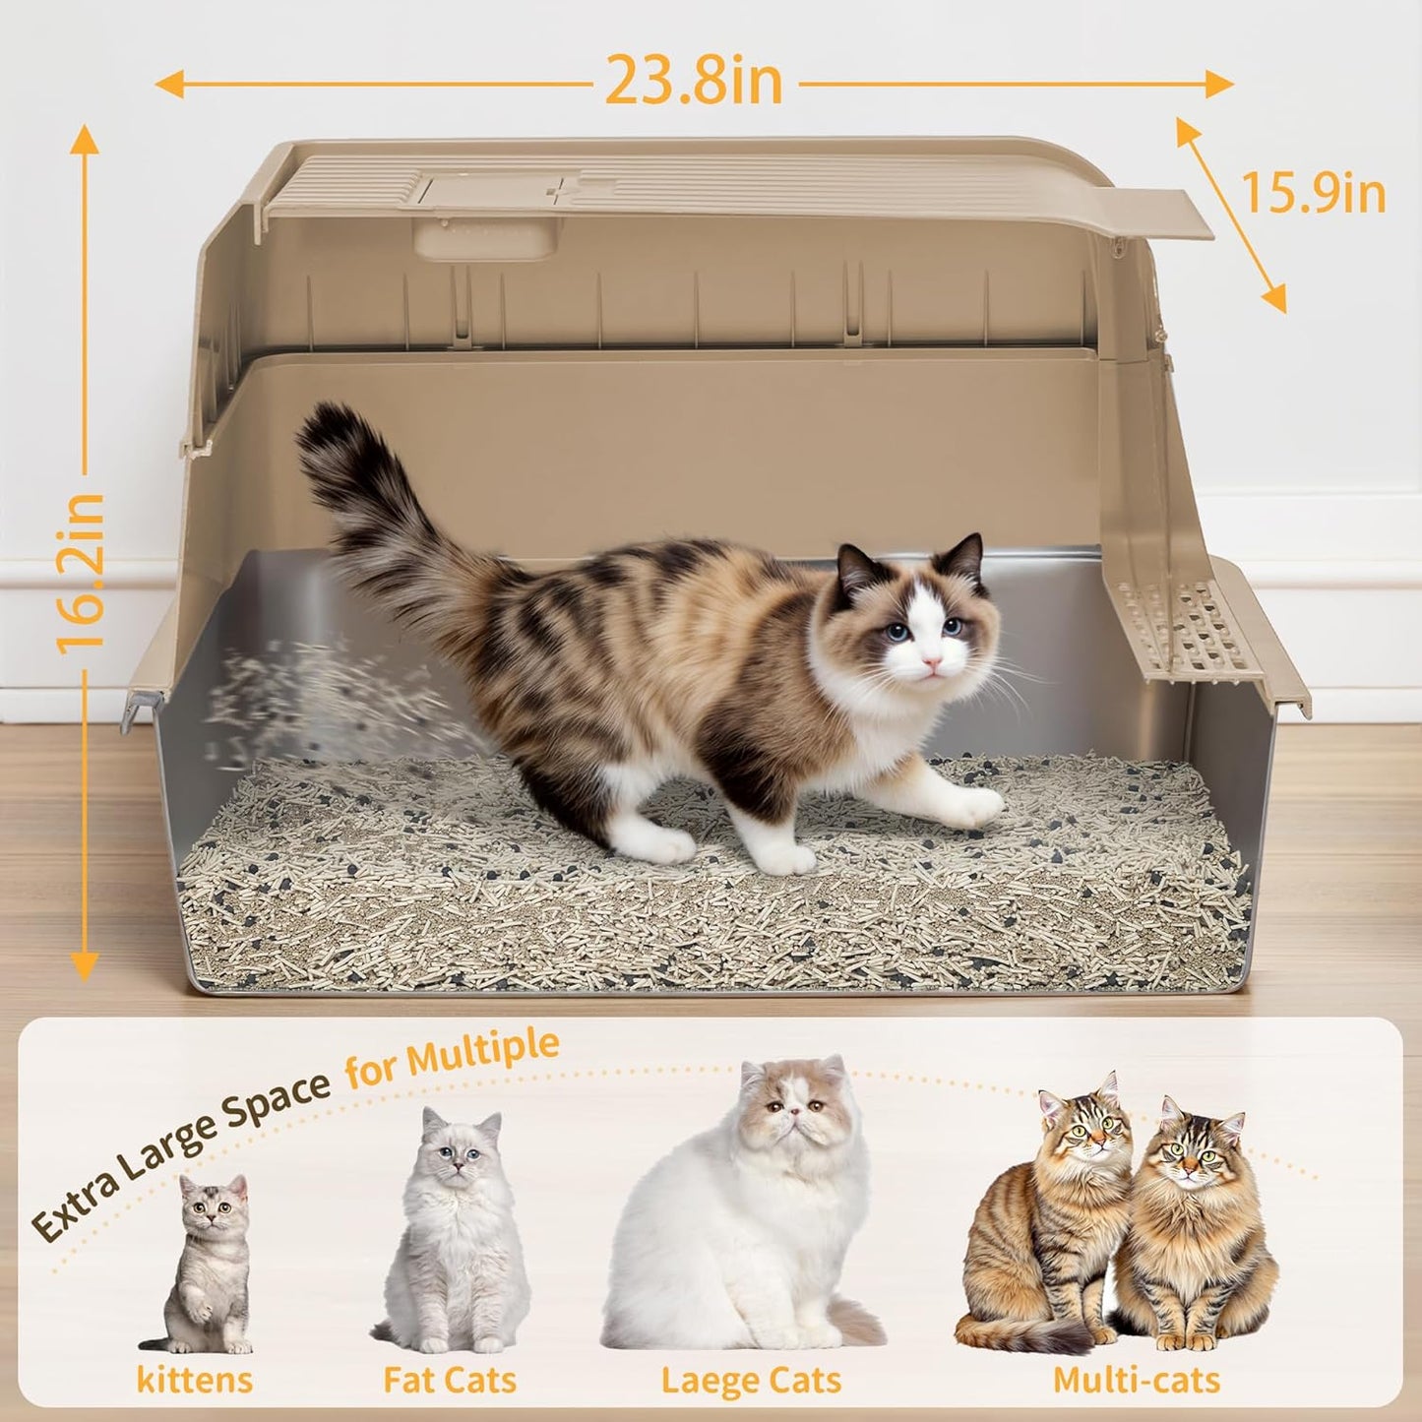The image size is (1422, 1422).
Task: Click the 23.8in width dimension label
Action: (x=694, y=81)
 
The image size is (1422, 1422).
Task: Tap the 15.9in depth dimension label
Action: (x=1313, y=193)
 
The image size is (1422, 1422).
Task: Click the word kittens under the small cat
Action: (x=194, y=1379)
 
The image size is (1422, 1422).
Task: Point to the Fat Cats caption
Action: (x=450, y=1380)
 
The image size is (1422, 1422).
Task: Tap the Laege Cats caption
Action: (x=751, y=1381)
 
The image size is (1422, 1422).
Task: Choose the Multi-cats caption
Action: (x=1137, y=1380)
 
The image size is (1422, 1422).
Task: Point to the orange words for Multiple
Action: (x=453, y=1058)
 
